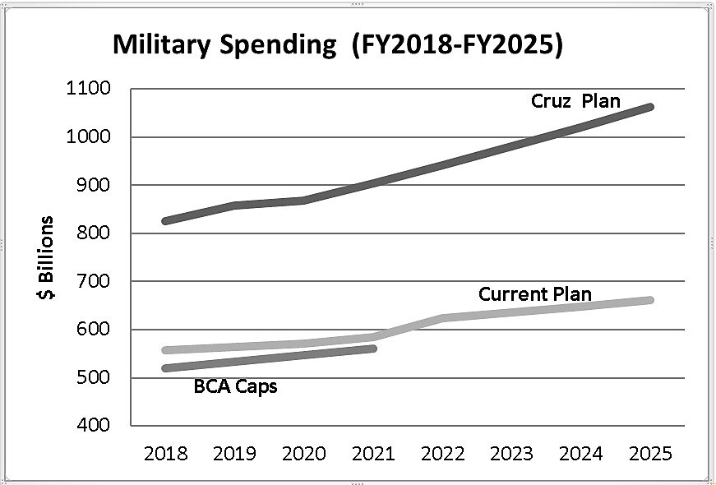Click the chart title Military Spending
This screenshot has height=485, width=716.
tap(338, 45)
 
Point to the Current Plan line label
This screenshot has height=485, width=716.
tap(534, 293)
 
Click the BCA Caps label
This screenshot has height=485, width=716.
tap(235, 386)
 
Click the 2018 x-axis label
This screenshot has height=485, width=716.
tap(165, 454)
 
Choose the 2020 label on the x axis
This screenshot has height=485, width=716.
tap(303, 454)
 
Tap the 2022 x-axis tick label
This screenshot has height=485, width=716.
tap(442, 454)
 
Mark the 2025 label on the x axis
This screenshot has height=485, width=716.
tap(649, 454)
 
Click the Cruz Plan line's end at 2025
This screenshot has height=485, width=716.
tap(649, 107)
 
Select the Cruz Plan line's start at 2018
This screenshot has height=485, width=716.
tap(165, 221)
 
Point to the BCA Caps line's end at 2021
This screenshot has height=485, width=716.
tap(373, 349)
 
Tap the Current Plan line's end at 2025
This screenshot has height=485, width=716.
tap(649, 300)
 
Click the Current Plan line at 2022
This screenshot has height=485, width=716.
tap(442, 318)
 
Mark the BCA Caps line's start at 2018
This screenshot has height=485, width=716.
tap(165, 368)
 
